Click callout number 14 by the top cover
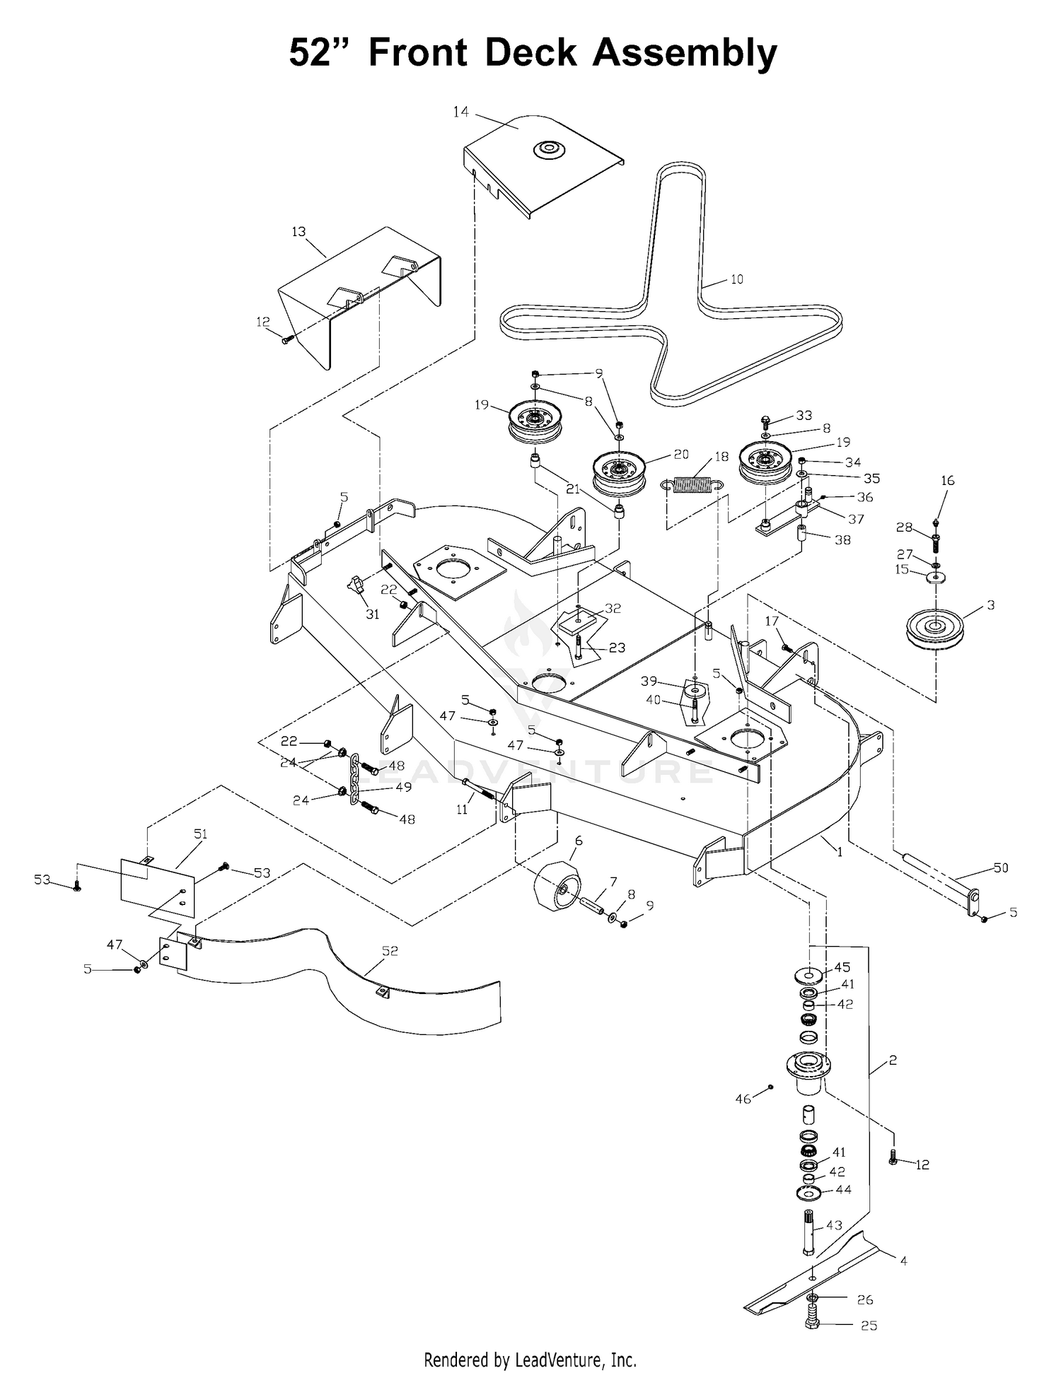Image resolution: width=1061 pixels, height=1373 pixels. click(461, 111)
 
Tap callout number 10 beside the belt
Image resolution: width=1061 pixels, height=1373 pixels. click(736, 279)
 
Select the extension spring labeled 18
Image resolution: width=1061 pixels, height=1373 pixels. click(694, 484)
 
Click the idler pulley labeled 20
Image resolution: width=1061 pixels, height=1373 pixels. click(620, 474)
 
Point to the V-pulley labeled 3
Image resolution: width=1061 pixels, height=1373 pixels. click(936, 626)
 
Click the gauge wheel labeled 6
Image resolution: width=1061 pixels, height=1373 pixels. click(560, 887)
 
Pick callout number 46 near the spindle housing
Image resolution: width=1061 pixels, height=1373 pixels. click(743, 1099)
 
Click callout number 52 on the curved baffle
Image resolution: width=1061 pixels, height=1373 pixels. click(390, 951)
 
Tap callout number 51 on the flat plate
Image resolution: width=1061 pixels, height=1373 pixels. click(200, 834)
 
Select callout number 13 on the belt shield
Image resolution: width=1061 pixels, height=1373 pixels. click(298, 232)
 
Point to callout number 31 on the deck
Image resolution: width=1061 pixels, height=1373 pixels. click(372, 614)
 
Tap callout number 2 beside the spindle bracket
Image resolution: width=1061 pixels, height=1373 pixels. click(893, 1061)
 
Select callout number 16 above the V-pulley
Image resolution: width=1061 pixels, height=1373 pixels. click(948, 480)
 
